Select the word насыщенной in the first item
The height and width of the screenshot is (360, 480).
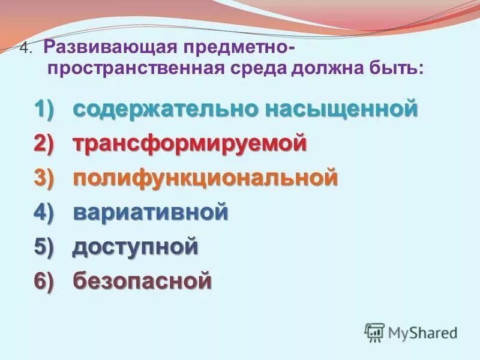pyautogui.click(x=338, y=110)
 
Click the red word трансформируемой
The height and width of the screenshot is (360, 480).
pyautogui.click(x=190, y=144)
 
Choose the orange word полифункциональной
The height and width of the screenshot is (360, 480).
pyautogui.click(x=205, y=178)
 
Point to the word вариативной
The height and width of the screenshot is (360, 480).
pyautogui.click(x=151, y=212)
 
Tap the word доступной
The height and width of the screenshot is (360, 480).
pyautogui.click(x=136, y=247)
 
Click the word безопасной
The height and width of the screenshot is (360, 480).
pyautogui.click(x=142, y=281)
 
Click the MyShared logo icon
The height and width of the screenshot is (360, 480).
pyautogui.click(x=375, y=332)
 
